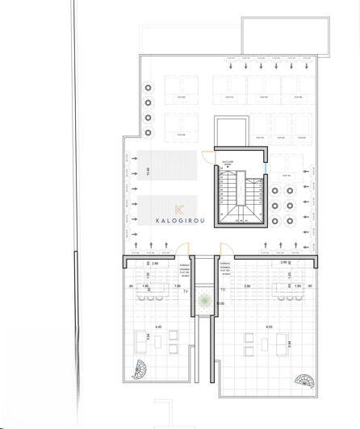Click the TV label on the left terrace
tap(186, 292)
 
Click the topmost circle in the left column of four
tap(149, 88)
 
